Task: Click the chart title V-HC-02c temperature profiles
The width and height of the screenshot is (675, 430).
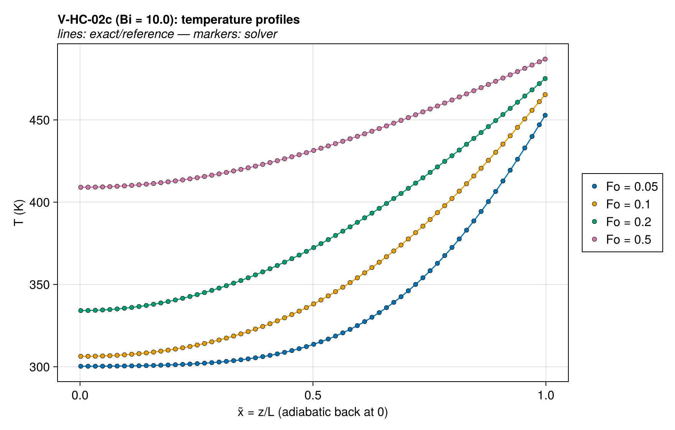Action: pyautogui.click(x=179, y=20)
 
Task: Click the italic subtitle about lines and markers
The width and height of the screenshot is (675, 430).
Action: pyautogui.click(x=167, y=34)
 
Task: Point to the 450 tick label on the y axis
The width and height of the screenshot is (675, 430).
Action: pyautogui.click(x=40, y=120)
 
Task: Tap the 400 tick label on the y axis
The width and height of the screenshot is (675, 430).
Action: pyautogui.click(x=40, y=202)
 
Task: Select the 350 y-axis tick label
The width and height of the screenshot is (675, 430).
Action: pyautogui.click(x=40, y=285)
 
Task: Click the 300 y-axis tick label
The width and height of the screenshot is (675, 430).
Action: pyautogui.click(x=40, y=367)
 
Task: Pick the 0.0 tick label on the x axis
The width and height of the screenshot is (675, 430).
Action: pyautogui.click(x=80, y=395)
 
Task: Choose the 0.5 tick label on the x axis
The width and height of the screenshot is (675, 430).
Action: pyautogui.click(x=313, y=395)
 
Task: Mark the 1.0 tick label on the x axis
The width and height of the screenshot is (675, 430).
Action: pyautogui.click(x=545, y=395)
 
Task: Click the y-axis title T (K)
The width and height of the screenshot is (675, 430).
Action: pyautogui.click(x=19, y=213)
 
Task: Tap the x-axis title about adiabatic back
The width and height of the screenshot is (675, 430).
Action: pyautogui.click(x=313, y=412)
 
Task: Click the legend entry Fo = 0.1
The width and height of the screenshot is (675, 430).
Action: pyautogui.click(x=621, y=204)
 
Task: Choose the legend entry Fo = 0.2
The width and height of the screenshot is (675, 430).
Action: pyautogui.click(x=621, y=222)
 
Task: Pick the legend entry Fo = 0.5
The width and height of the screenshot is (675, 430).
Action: pyautogui.click(x=621, y=240)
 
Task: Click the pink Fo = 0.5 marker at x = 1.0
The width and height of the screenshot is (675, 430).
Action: pyautogui.click(x=545, y=59)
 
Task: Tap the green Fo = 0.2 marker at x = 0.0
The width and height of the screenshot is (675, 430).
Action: pyautogui.click(x=81, y=311)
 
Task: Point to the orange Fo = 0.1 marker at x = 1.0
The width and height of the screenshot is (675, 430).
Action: pyautogui.click(x=545, y=94)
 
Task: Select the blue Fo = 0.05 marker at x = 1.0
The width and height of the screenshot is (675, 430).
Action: pyautogui.click(x=545, y=115)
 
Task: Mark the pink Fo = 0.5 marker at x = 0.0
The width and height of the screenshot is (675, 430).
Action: pyautogui.click(x=81, y=187)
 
